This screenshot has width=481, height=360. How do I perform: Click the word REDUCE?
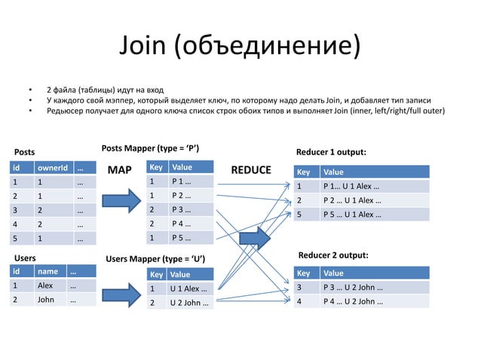click(x=250, y=169)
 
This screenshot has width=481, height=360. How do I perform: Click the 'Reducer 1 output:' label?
click(x=332, y=152)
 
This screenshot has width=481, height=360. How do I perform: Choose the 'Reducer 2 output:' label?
click(x=334, y=255)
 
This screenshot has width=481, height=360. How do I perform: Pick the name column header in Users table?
click(x=49, y=271)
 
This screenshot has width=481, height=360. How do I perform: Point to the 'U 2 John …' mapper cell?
click(x=190, y=304)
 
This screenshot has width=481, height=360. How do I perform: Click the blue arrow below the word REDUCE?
click(x=254, y=239)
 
